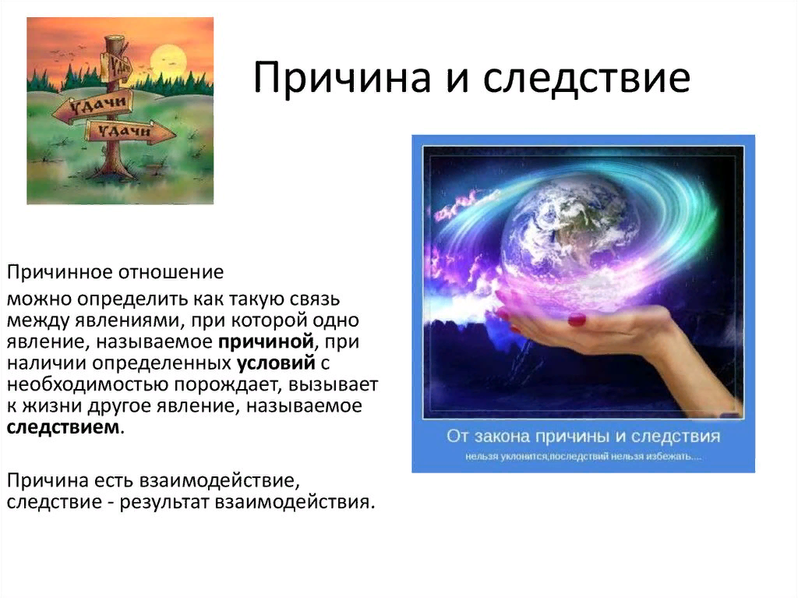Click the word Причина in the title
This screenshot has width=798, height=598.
tap(342, 78)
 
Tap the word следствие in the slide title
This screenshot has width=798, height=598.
tap(587, 77)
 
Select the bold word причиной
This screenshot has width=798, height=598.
tap(266, 342)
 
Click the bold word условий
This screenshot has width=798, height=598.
tap(276, 363)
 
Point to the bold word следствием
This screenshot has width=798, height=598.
tap(63, 426)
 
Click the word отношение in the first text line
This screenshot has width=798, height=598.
tap(171, 273)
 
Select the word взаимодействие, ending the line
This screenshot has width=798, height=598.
tap(217, 481)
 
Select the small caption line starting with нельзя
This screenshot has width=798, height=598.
tap(583, 456)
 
